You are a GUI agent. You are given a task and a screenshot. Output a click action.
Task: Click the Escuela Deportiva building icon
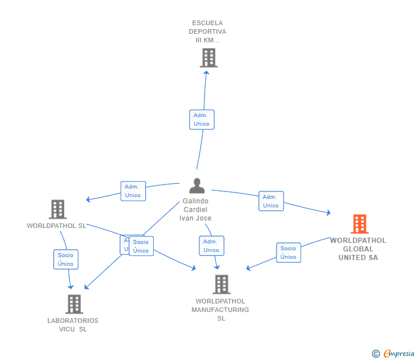click(x=209, y=58)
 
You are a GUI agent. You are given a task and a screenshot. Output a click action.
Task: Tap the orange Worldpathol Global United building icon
click(x=359, y=224)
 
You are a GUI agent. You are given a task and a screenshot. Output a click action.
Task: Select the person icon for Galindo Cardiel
click(x=197, y=186)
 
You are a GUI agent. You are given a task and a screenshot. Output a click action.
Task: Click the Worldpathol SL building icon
click(x=58, y=210)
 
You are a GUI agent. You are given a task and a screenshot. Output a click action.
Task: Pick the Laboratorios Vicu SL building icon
click(x=74, y=304)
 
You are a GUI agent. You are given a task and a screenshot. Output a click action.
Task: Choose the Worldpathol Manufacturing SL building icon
click(x=221, y=284)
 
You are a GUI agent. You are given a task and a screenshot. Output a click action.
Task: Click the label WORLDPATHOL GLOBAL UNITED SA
click(x=358, y=249)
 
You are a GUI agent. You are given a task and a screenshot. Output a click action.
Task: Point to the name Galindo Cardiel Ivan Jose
click(x=195, y=210)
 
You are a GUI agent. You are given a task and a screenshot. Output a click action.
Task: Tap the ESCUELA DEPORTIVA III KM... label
click(x=207, y=32)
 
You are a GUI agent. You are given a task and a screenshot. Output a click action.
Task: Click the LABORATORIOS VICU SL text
click(x=73, y=325)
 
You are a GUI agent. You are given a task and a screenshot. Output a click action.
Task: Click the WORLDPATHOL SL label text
click(x=56, y=226)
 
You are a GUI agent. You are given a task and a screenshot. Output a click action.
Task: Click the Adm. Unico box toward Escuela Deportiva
click(x=202, y=119)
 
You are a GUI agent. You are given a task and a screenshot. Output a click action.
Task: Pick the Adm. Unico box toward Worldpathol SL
click(x=133, y=191)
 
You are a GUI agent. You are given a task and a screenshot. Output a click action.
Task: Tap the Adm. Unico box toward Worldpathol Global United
click(x=271, y=201)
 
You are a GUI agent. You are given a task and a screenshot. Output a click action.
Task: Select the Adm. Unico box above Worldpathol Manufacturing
click(x=211, y=246)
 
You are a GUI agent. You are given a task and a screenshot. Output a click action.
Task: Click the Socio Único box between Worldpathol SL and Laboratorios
click(x=66, y=259)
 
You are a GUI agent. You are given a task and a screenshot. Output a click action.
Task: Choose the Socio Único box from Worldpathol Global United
click(x=289, y=253)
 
